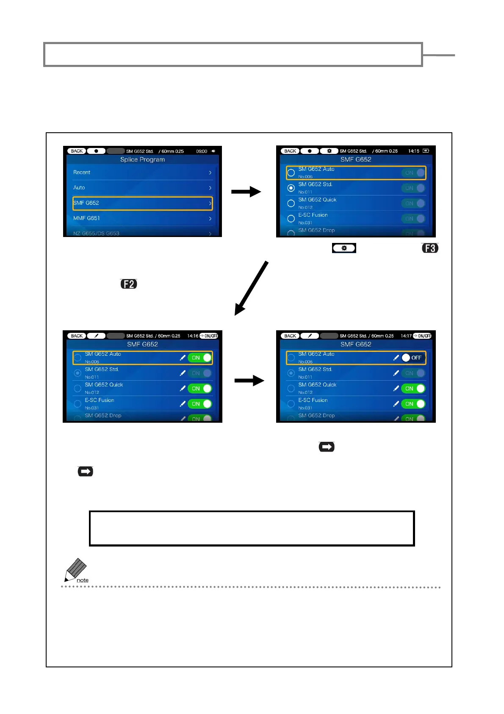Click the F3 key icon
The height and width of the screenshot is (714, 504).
(430, 248)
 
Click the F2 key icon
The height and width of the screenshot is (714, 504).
(129, 284)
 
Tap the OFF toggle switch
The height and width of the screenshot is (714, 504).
(412, 358)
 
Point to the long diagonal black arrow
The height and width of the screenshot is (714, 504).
(252, 288)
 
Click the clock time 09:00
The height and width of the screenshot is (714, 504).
(202, 151)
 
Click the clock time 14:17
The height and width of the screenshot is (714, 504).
(406, 336)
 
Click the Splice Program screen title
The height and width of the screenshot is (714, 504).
(142, 159)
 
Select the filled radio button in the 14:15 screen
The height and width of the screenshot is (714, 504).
(291, 188)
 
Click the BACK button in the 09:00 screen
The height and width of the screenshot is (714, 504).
(77, 151)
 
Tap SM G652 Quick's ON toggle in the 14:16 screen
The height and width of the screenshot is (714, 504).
(199, 388)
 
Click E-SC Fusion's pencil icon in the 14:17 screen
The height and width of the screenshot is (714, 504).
(396, 404)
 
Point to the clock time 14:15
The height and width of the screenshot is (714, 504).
(414, 151)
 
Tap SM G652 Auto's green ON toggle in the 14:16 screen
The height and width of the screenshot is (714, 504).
(199, 358)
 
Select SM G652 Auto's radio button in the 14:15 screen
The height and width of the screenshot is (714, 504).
(291, 173)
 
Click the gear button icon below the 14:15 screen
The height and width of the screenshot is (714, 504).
(344, 248)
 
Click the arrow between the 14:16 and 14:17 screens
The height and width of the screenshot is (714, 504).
(249, 380)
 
